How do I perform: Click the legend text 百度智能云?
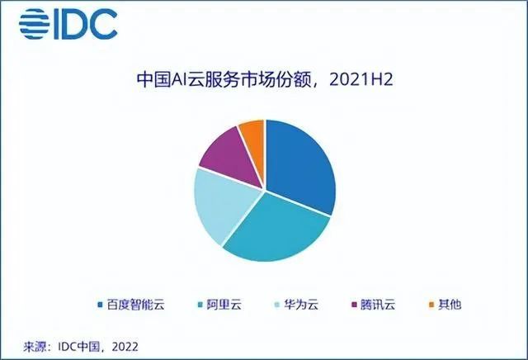pyautogui.click(x=135, y=305)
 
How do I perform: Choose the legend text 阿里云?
pyautogui.click(x=224, y=305)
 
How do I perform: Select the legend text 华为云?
pyautogui.click(x=300, y=305)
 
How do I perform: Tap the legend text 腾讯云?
pyautogui.click(x=378, y=305)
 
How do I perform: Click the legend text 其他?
pyautogui.click(x=449, y=305)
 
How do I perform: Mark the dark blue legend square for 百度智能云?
pyautogui.click(x=100, y=305)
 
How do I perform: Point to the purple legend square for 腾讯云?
pyautogui.click(x=354, y=305)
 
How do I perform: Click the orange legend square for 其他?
pyautogui.click(x=431, y=305)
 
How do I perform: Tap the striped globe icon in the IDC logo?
pyautogui.click(x=35, y=24)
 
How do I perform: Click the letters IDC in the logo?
pyautogui.click(x=86, y=24)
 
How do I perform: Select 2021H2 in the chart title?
pyautogui.click(x=361, y=80)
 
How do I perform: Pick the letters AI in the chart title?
pyautogui.click(x=180, y=80)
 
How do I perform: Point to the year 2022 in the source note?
pyautogui.click(x=125, y=347)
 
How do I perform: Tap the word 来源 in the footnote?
pyautogui.click(x=35, y=347)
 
